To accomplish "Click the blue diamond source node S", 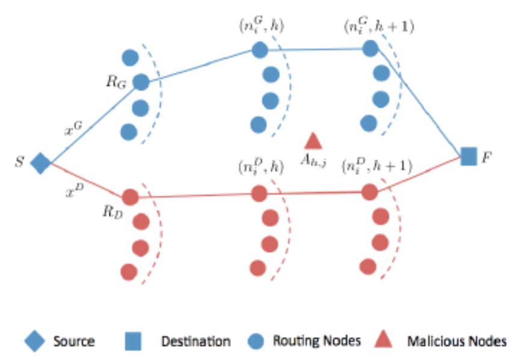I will [x=40, y=163].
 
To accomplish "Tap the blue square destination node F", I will [x=468, y=156].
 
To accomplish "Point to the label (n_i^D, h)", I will [x=259, y=166].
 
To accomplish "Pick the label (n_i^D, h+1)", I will [x=377, y=166].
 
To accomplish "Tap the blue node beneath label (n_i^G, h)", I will [x=260, y=50].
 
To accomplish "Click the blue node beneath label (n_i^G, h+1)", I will [x=370, y=49].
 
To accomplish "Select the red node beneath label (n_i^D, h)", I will [x=259, y=193].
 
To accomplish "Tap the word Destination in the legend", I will [x=196, y=341].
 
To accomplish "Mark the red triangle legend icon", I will [x=385, y=341].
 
